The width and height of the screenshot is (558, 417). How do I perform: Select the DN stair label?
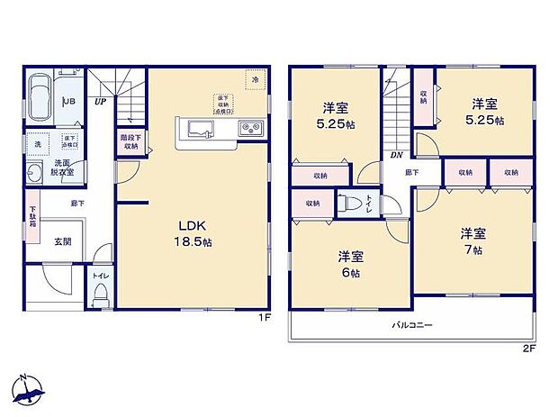coord(395,153)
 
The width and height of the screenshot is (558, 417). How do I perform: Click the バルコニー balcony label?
coord(409,323)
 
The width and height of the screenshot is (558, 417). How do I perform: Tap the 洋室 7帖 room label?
coord(473,240)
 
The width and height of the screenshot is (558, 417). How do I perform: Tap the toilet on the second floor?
coord(355,204)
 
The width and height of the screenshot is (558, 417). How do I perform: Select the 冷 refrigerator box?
coord(255,79)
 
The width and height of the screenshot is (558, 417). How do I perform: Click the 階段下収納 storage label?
coord(130,141)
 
